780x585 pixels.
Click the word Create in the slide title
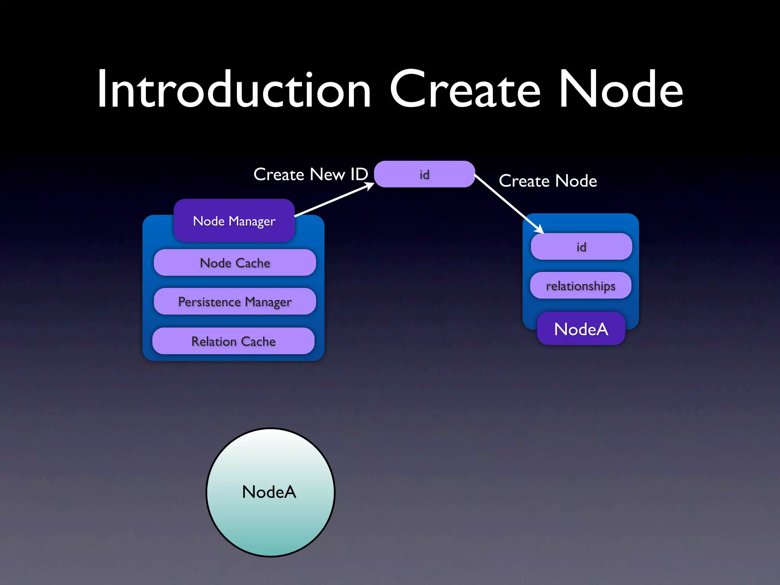[465, 90]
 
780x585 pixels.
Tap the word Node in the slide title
[621, 90]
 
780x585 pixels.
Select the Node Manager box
[234, 221]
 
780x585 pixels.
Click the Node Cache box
[235, 263]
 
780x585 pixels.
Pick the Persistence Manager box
[235, 302]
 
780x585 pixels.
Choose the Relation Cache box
[233, 341]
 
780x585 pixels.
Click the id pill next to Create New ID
[424, 174]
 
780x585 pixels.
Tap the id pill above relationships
[581, 247]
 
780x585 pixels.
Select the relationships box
[580, 286]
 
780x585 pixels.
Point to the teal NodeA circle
[270, 492]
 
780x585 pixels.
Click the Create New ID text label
[310, 174]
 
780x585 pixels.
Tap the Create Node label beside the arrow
[548, 181]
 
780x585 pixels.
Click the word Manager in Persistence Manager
[268, 302]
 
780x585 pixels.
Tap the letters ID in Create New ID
[359, 174]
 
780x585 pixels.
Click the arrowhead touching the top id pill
[370, 185]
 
